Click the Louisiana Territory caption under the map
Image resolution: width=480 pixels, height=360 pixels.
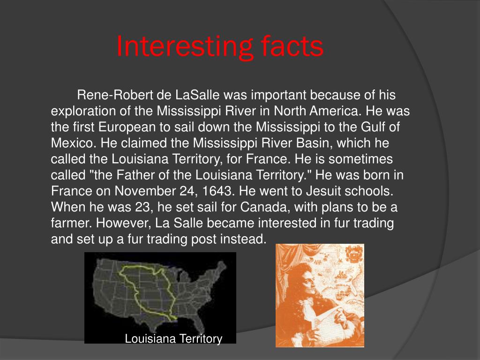click(173, 338)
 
